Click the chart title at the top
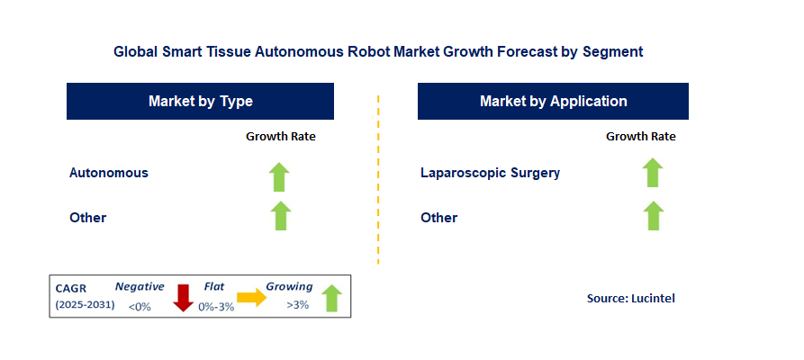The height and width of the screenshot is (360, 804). [378, 52]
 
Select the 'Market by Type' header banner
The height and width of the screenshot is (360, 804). [200, 101]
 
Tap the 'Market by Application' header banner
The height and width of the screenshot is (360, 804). [553, 101]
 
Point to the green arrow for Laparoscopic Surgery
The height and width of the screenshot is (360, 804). [653, 173]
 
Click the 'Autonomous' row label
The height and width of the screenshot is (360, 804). [109, 172]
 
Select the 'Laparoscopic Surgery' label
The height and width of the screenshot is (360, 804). [490, 172]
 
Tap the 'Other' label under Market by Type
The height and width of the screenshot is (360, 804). [88, 217]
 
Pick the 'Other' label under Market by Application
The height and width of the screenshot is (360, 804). [439, 217]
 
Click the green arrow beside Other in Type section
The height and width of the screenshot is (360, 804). [281, 216]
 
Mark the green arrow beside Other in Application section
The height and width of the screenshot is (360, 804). [653, 216]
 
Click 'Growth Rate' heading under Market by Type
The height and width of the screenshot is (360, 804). [281, 137]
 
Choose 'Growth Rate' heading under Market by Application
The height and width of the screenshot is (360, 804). [640, 137]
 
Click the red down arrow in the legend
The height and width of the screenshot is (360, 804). [184, 297]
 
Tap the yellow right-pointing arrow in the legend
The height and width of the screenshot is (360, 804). [252, 298]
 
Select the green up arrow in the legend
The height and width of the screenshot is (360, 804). [331, 297]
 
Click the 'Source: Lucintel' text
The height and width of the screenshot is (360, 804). [630, 298]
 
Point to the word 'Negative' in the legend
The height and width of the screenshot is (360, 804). [140, 287]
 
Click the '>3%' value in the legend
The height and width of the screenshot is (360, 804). [297, 305]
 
